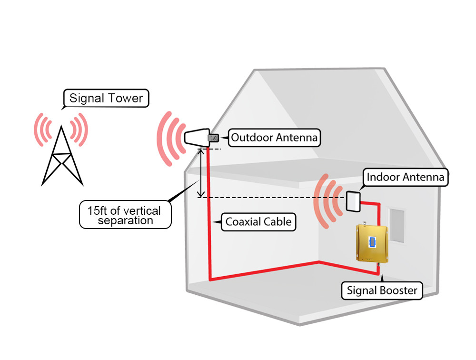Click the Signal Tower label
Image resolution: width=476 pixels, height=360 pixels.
106,99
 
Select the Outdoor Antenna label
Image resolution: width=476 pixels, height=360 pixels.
274,138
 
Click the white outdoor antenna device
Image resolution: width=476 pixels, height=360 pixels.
196,138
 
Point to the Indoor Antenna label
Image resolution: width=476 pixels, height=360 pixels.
405,178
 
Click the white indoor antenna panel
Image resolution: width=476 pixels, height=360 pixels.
353,201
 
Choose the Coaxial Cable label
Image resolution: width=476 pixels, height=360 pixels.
258,221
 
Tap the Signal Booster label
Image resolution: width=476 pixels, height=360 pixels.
382,290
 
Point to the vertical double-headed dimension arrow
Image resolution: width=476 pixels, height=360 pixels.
202,172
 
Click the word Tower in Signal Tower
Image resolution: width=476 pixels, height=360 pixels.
125,99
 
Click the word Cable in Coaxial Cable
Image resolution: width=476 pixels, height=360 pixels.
278,221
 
